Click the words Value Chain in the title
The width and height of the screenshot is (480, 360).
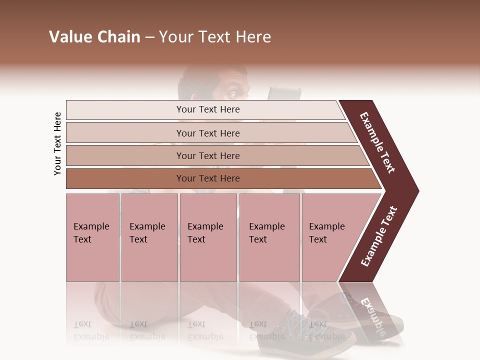94,37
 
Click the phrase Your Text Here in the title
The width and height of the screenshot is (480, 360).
215,37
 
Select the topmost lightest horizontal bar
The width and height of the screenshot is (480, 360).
205,109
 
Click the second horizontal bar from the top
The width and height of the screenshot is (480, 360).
207,133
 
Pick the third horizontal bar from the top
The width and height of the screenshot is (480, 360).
207,155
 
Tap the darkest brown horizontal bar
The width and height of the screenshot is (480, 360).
207,178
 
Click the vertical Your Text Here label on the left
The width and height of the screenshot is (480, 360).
57,143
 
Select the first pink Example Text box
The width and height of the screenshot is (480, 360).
92,237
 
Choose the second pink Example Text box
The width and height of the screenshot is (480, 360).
149,237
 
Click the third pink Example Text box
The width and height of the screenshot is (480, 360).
207,237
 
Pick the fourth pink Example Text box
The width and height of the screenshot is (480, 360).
269,237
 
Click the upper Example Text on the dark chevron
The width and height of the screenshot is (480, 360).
378,142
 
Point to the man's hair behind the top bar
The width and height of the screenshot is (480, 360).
200,77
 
